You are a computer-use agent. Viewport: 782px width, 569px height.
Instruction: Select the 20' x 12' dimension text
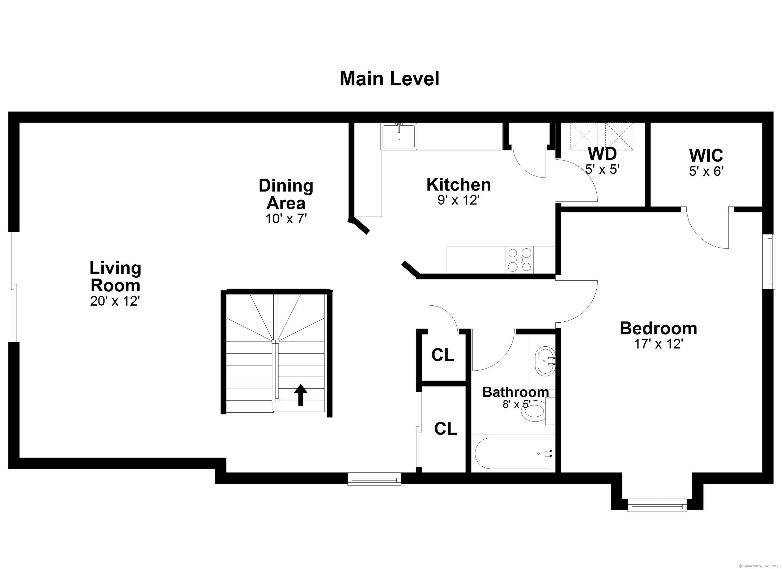[x=115, y=301]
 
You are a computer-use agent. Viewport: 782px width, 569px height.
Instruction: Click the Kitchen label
[x=458, y=185]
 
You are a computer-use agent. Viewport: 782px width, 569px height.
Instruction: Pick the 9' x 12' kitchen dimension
[x=458, y=200]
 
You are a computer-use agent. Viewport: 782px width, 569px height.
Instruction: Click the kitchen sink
[x=399, y=136]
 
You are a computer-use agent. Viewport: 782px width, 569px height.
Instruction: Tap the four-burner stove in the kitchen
[x=519, y=260]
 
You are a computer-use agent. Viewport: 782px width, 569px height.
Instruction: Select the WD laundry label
[x=602, y=154]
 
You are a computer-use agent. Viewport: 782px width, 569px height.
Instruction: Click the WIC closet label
[x=706, y=156]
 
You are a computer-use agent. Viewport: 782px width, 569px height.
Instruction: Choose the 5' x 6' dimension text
[x=706, y=171]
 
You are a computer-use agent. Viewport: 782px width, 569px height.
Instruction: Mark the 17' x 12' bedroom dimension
[x=659, y=344]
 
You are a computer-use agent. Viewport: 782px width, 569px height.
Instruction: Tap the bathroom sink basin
[x=545, y=361]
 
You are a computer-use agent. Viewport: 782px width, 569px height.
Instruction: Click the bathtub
[x=512, y=453]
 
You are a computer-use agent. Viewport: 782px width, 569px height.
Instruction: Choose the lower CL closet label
[x=445, y=429]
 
